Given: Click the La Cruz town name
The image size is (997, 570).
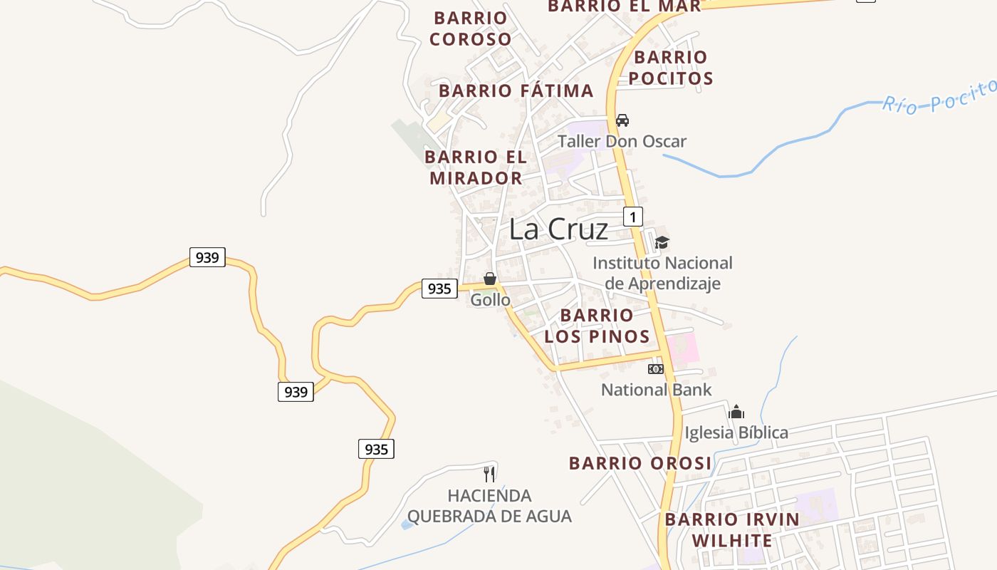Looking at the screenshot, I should pyautogui.click(x=558, y=229).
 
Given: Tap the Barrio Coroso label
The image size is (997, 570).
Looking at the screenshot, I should pyautogui.click(x=471, y=28).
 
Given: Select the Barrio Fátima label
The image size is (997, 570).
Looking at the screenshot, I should pyautogui.click(x=516, y=91).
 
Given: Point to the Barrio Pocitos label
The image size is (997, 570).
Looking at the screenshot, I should pyautogui.click(x=671, y=68).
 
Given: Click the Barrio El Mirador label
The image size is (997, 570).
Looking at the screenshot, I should pyautogui.click(x=476, y=167).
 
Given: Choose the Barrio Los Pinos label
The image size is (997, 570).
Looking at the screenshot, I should pyautogui.click(x=597, y=326).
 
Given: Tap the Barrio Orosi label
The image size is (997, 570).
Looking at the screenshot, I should pyautogui.click(x=640, y=464).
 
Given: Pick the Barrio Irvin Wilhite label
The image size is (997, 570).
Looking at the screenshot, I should pyautogui.click(x=732, y=529).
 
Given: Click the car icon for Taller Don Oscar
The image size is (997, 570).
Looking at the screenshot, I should pyautogui.click(x=622, y=120).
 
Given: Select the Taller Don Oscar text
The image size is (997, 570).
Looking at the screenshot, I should pyautogui.click(x=622, y=141).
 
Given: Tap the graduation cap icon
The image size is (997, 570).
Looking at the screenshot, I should pyautogui.click(x=662, y=242).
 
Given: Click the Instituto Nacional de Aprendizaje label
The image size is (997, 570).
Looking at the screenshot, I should pyautogui.click(x=662, y=274).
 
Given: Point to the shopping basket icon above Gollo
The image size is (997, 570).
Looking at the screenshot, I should pyautogui.click(x=490, y=279).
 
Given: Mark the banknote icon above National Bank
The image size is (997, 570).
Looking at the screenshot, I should pyautogui.click(x=656, y=369).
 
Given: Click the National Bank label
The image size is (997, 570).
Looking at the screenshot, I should pyautogui.click(x=656, y=390).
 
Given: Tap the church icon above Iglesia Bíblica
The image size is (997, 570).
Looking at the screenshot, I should pyautogui.click(x=736, y=412).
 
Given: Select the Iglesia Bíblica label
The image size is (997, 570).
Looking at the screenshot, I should pyautogui.click(x=736, y=432).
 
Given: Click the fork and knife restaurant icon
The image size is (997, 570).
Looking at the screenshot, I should pyautogui.click(x=489, y=474).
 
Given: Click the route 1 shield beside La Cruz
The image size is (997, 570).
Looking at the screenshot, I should pyautogui.click(x=632, y=216).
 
